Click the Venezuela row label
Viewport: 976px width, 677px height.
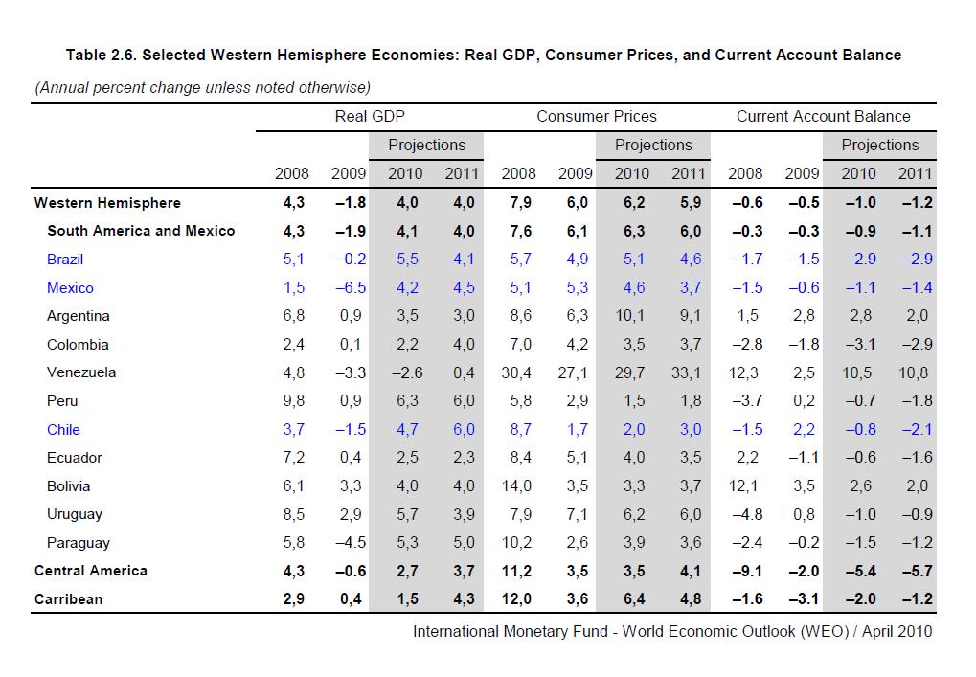[x=81, y=372]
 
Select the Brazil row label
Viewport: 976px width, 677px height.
[x=65, y=260]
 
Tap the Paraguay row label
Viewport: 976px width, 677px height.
[x=79, y=543]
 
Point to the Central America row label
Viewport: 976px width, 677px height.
[x=91, y=571]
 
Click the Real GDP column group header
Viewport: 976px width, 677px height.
[x=370, y=117]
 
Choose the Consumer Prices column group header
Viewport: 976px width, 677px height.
[x=597, y=117]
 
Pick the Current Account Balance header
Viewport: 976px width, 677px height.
[x=823, y=117]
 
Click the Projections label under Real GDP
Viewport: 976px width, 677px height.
[x=426, y=146]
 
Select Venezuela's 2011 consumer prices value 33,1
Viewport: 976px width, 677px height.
[x=686, y=372]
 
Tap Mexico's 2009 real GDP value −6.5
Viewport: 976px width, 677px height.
[x=348, y=288]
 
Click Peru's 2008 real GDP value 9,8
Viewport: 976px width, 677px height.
[x=292, y=401]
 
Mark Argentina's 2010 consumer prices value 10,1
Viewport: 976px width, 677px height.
[x=630, y=316]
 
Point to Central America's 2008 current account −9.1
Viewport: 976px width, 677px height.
[x=745, y=572]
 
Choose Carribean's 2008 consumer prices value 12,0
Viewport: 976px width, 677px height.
[x=517, y=599]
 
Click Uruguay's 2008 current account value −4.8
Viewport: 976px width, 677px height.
[x=745, y=514]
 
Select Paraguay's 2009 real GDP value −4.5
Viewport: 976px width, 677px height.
[x=348, y=543]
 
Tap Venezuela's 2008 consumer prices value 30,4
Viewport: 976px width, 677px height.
[x=517, y=372]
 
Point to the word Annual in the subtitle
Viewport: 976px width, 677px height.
[x=63, y=88]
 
